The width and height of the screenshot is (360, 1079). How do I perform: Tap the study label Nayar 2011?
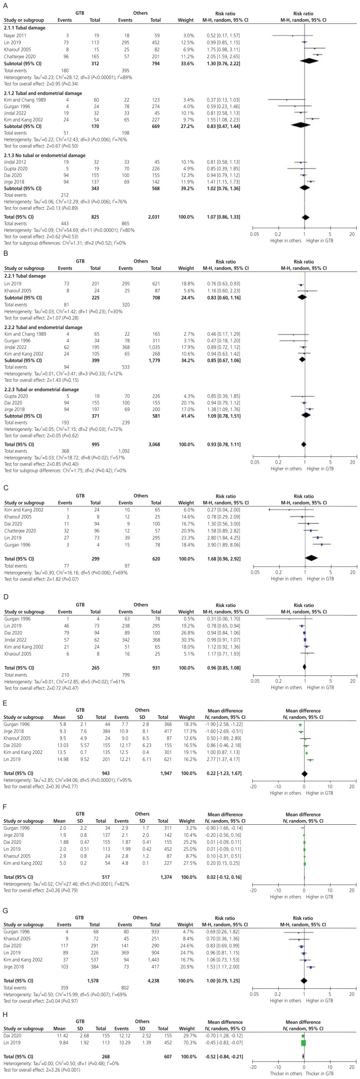15,35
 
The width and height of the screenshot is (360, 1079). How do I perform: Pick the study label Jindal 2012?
16,162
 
